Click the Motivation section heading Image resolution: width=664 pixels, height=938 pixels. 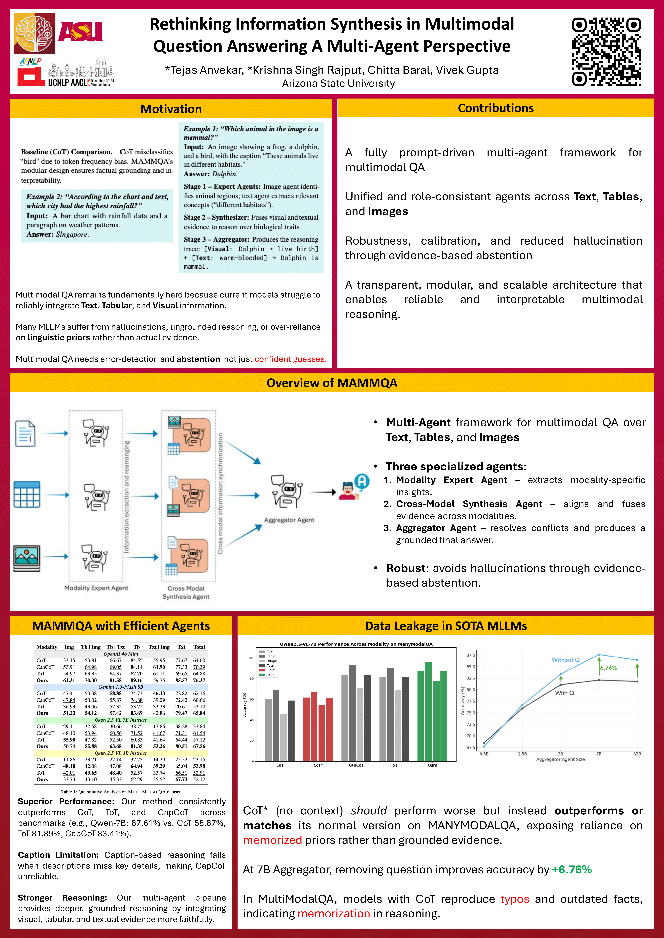click(x=171, y=109)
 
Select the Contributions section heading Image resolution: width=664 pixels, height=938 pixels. click(x=496, y=108)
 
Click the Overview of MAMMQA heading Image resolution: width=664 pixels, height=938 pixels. click(x=332, y=383)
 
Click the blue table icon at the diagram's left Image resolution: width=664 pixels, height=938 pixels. click(x=27, y=494)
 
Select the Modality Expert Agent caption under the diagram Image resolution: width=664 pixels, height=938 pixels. click(x=96, y=588)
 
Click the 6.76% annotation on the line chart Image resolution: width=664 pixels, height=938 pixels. click(x=608, y=668)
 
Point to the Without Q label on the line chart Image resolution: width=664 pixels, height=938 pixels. click(x=565, y=660)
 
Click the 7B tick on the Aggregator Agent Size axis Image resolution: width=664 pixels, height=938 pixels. click(x=599, y=754)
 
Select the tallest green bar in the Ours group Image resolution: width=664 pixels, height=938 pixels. click(x=429, y=711)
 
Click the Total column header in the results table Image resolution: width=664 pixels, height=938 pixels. click(x=199, y=647)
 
